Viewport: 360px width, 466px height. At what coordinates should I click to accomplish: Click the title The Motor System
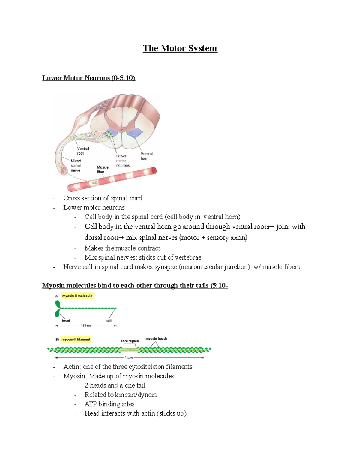click(x=180, y=48)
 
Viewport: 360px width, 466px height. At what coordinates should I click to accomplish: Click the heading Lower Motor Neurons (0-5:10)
click(x=88, y=78)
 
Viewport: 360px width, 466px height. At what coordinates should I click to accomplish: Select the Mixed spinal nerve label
click(x=76, y=166)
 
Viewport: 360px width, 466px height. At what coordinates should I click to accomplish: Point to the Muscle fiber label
click(x=103, y=170)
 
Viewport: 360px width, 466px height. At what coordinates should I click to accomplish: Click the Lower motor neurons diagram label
click(x=123, y=161)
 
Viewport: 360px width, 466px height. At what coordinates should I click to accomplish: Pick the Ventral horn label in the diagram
click(x=146, y=156)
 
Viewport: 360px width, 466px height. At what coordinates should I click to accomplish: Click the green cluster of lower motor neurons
click(x=108, y=134)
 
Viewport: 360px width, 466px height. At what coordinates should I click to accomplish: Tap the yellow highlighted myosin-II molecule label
click(x=77, y=296)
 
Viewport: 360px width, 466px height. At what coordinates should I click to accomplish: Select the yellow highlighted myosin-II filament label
click(x=76, y=339)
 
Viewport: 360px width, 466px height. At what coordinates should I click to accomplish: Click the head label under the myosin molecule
click(x=66, y=321)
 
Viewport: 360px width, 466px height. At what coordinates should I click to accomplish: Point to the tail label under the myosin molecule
click(x=109, y=321)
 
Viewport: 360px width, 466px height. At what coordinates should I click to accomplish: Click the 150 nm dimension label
click(x=86, y=326)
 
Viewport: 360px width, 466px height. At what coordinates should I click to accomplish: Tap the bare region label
click(x=130, y=341)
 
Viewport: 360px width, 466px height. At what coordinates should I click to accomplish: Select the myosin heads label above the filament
click(x=156, y=339)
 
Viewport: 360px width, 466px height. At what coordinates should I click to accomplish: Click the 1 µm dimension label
click(x=129, y=358)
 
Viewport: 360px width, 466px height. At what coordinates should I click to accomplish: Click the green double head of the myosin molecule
click(x=58, y=309)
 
